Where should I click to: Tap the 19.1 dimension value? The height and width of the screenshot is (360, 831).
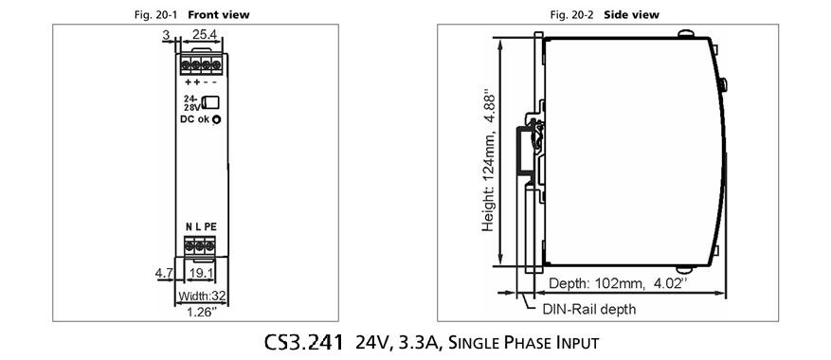[202, 274]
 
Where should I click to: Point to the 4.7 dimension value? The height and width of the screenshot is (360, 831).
[164, 274]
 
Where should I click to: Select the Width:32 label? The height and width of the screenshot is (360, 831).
[202, 296]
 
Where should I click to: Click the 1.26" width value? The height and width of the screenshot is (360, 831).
[202, 313]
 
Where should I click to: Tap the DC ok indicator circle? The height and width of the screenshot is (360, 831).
[216, 119]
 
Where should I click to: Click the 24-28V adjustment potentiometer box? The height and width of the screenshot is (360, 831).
[212, 102]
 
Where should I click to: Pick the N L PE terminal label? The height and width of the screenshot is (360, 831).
[201, 227]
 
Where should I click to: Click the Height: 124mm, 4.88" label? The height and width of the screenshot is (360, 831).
[489, 163]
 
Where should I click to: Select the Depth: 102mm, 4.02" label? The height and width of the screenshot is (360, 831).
[618, 283]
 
